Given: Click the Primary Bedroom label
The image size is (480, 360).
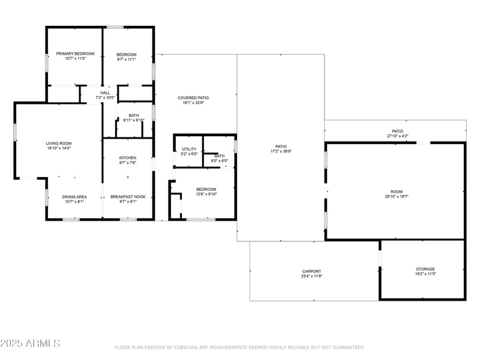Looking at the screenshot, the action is (x=76, y=53).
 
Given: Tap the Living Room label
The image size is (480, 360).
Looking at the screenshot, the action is (x=59, y=143).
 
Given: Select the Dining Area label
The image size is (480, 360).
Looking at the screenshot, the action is (x=74, y=197).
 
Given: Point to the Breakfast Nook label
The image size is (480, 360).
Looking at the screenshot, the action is (x=128, y=197).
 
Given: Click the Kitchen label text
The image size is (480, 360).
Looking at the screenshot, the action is (x=128, y=158).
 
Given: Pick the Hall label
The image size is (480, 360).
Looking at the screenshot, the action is (x=105, y=93).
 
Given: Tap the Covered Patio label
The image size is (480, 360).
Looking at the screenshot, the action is (x=193, y=98).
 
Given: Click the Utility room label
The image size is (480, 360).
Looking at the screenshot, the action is (x=189, y=149).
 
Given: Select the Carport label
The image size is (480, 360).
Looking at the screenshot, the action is (x=311, y=271).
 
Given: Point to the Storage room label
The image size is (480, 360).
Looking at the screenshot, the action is (x=425, y=269).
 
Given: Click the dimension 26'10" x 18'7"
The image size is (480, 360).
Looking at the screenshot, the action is (x=397, y=197).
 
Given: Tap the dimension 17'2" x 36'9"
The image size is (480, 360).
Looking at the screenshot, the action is (x=281, y=152).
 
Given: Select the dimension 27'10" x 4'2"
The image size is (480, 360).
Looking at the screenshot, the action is (x=398, y=136).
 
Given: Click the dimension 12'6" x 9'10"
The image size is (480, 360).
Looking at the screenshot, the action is (x=206, y=194).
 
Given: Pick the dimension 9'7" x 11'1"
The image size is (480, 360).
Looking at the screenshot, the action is (x=127, y=59).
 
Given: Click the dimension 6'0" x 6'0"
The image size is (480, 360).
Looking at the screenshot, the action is (x=220, y=161).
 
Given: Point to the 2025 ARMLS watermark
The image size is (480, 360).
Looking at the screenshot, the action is (x=30, y=343).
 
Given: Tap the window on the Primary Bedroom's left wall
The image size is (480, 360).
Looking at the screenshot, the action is (x=47, y=63).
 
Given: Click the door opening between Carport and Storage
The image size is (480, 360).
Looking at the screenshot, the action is (x=380, y=259).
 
